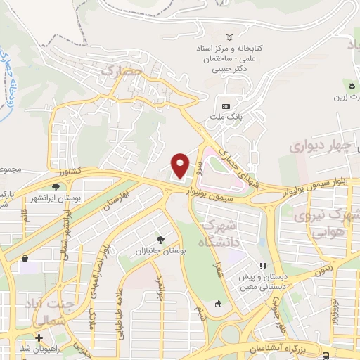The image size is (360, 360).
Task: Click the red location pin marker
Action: [181, 165]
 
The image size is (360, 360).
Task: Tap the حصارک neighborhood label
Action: [122, 71]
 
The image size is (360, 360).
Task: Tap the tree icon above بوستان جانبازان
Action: [161, 240]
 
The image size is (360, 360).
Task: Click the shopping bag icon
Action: [217, 304]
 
